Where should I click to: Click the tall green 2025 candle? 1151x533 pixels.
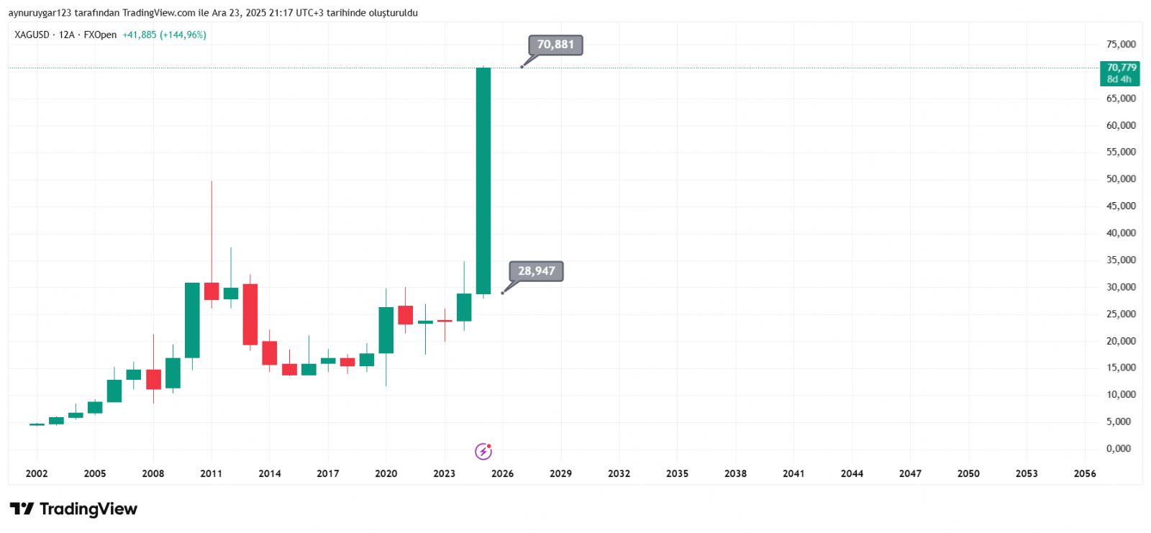click(483, 180)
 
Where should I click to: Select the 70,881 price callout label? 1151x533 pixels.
click(555, 45)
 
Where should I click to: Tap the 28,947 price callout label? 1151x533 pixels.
click(537, 271)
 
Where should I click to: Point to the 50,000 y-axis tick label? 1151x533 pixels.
click(1121, 179)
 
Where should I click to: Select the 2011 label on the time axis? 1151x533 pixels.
click(211, 473)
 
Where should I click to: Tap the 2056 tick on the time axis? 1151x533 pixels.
click(1084, 473)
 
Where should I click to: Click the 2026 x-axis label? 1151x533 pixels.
click(502, 473)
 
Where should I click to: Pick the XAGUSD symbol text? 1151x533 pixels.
click(32, 35)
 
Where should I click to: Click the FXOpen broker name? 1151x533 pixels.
click(100, 35)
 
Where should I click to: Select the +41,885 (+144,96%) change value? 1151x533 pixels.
click(164, 35)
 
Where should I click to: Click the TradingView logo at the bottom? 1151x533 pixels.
click(73, 509)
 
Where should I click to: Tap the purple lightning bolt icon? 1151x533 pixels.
click(483, 452)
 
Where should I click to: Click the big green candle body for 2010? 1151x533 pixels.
click(192, 320)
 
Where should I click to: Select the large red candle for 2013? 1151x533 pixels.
click(250, 314)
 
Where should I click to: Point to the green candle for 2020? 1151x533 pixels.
click(386, 330)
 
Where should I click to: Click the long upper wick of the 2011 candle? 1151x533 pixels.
click(211, 230)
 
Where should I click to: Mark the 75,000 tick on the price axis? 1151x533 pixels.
click(1121, 45)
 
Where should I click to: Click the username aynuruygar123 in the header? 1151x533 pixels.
click(40, 13)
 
